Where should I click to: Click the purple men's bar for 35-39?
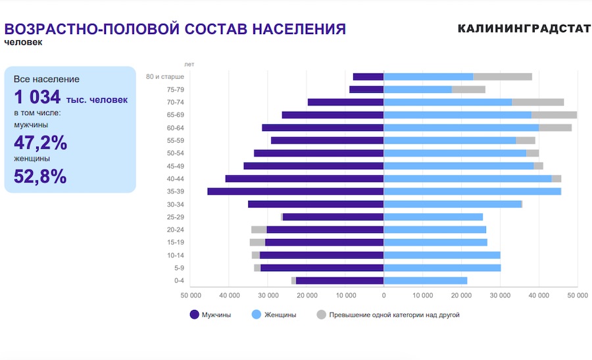click(x=295, y=192)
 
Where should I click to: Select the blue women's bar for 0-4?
click(x=425, y=280)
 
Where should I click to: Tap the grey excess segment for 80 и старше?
click(x=503, y=76)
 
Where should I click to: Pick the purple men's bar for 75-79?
click(x=366, y=90)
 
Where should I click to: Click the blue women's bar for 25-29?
click(x=433, y=217)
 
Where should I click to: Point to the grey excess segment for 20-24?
click(x=259, y=230)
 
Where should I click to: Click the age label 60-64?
click(x=175, y=128)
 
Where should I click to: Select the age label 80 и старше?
click(x=164, y=76)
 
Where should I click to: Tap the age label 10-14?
click(x=175, y=255)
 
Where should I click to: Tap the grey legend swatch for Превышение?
click(x=321, y=315)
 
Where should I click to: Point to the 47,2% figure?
click(x=41, y=143)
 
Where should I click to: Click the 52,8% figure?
click(x=41, y=176)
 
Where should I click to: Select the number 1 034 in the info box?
click(x=37, y=97)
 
